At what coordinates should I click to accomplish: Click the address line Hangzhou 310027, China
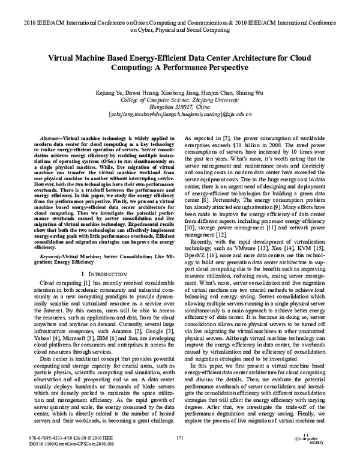pyautogui.click(x=179, y=108)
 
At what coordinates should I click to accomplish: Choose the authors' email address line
pyautogui.click(x=179, y=115)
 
